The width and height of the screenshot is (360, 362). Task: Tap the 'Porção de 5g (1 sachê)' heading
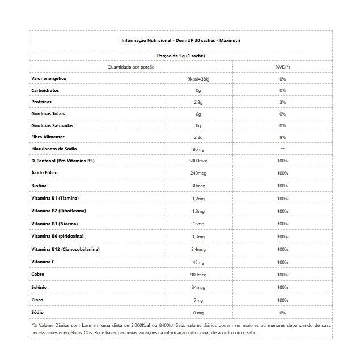(x=180, y=56)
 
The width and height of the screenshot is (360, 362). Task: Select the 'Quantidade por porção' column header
(x=131, y=67)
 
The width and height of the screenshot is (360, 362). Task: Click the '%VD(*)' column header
(x=282, y=67)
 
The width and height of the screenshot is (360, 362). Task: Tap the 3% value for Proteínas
(x=282, y=102)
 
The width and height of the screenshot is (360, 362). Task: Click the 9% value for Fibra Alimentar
(x=282, y=137)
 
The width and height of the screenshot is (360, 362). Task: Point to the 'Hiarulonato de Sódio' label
(x=55, y=149)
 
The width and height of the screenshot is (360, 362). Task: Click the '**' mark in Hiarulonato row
(x=282, y=149)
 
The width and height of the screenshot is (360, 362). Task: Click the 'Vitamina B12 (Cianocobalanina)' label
(x=66, y=249)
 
